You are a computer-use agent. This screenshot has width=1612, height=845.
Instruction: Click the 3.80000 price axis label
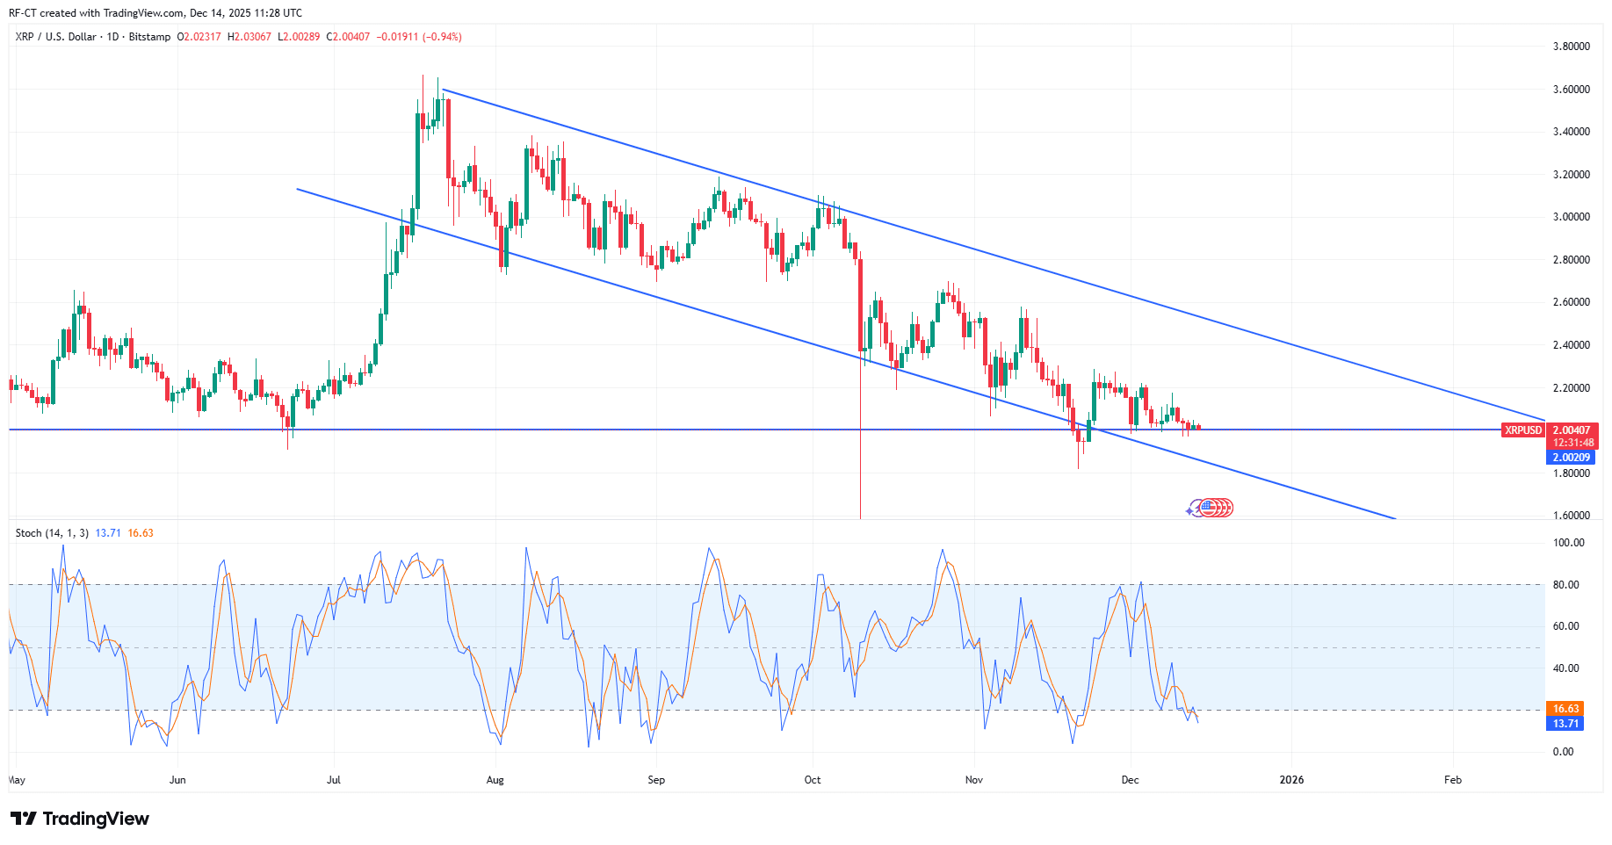click(1571, 47)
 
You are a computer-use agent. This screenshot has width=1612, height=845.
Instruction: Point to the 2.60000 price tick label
click(1571, 302)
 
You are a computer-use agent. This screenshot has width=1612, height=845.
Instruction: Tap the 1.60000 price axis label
click(1571, 516)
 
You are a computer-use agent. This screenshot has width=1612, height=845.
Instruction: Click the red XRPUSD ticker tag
click(1522, 430)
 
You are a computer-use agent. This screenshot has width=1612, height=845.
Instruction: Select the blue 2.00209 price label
click(1572, 458)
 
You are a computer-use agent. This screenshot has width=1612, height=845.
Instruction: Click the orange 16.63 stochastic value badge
click(1565, 709)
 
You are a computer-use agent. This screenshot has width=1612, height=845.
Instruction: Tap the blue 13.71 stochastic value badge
click(1565, 724)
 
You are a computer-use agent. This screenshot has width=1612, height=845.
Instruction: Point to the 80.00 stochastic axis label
click(1566, 585)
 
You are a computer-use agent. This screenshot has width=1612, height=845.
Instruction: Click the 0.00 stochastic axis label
click(1563, 752)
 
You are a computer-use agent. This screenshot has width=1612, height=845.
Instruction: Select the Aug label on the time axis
click(495, 780)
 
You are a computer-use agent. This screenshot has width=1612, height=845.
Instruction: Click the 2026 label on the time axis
click(1291, 780)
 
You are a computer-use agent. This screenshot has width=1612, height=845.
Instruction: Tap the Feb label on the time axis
click(1453, 780)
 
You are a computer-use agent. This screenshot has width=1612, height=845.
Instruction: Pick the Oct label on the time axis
click(813, 780)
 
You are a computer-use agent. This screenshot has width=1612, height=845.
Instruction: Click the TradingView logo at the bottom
click(80, 819)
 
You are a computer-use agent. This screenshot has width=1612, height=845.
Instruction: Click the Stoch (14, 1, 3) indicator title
click(52, 533)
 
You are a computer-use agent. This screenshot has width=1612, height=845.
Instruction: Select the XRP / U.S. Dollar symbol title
click(56, 37)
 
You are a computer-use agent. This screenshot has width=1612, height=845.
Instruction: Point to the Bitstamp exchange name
click(149, 37)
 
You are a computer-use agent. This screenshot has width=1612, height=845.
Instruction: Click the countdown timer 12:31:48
click(1572, 443)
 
